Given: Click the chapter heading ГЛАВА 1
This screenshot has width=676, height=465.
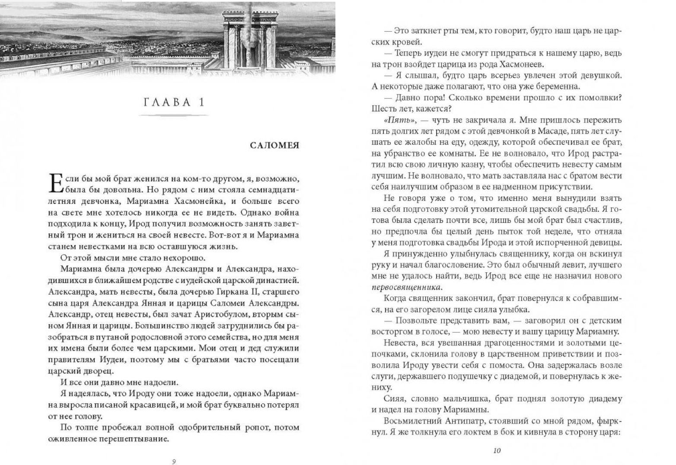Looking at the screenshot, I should pos(173,102).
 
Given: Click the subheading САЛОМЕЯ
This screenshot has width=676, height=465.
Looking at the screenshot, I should pos(275,145).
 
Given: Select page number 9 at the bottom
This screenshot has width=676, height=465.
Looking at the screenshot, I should pos(173,461).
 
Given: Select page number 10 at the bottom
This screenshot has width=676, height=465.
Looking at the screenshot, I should pos(497,451).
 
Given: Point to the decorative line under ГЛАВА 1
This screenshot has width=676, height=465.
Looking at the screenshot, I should pos(173,115).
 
